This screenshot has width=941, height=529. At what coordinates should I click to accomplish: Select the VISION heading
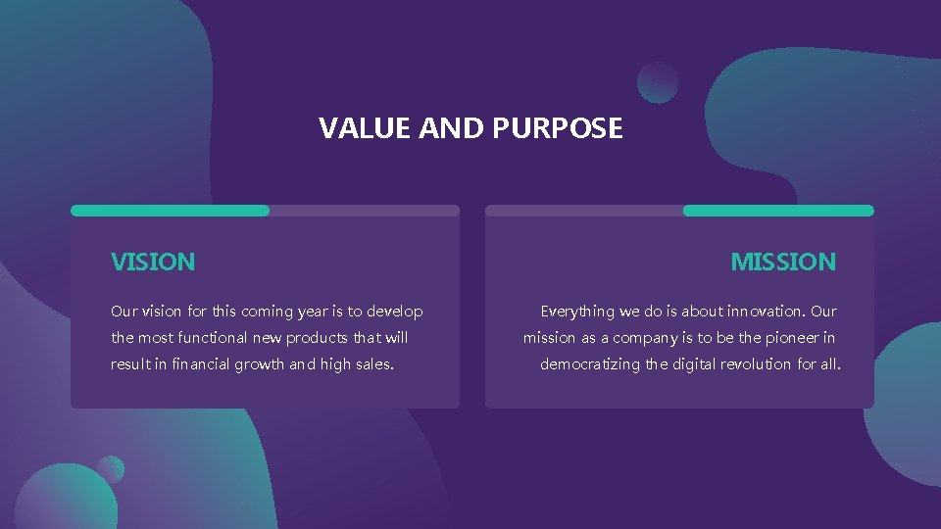[153, 262]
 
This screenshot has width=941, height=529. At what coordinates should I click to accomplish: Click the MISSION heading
[783, 262]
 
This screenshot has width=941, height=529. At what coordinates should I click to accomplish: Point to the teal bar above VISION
[170, 211]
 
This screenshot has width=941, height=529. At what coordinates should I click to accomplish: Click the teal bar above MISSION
[777, 211]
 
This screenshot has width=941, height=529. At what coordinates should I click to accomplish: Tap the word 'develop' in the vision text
[395, 312]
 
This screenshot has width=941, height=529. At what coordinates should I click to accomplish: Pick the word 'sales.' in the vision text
[372, 364]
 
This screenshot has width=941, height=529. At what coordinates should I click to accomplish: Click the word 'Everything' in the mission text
[577, 312]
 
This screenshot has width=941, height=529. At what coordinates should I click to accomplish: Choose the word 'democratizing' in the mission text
[590, 364]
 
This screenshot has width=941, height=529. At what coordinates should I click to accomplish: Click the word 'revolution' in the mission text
[757, 364]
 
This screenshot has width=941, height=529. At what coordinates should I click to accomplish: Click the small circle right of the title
[657, 82]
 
